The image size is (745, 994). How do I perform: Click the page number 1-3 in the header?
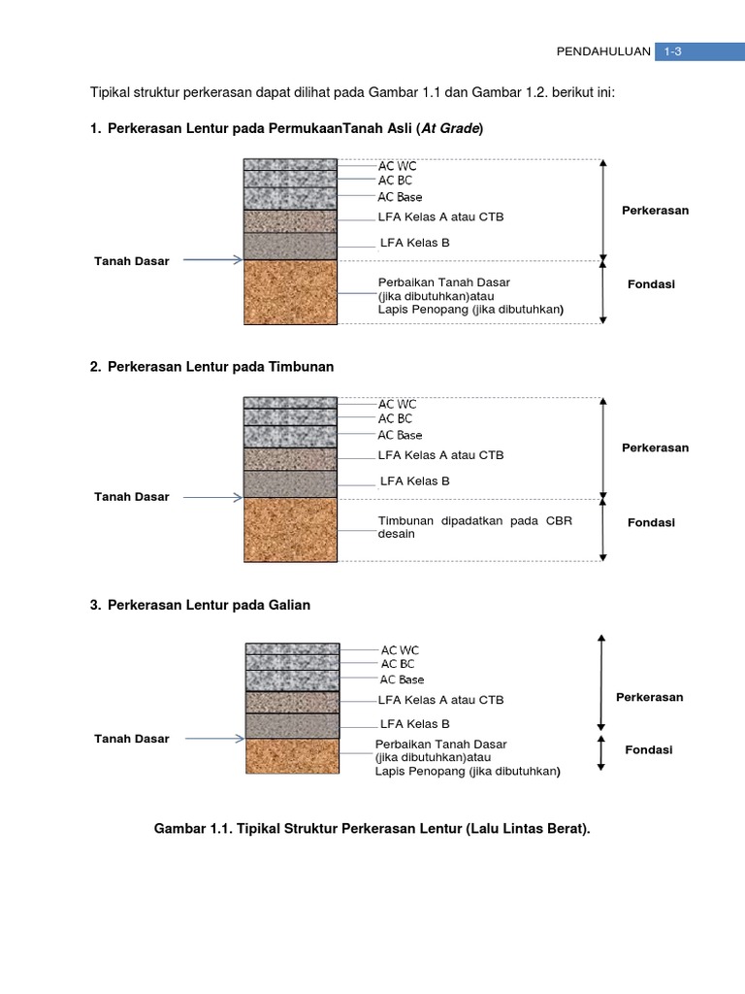click(x=672, y=52)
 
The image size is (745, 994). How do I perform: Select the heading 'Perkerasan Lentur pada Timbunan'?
click(x=221, y=367)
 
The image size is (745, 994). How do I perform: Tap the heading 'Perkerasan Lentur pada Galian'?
click(x=209, y=605)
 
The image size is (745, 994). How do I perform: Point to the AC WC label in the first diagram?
click(x=397, y=165)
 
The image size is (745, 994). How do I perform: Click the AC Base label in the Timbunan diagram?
click(x=400, y=435)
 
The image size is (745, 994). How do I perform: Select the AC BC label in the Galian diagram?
click(x=398, y=664)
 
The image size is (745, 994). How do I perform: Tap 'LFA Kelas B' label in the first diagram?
click(x=414, y=243)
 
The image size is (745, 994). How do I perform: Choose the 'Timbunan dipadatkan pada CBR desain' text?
click(x=475, y=527)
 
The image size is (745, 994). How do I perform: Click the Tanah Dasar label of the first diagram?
click(x=131, y=261)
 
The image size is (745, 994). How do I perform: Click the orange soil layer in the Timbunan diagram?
click(x=290, y=529)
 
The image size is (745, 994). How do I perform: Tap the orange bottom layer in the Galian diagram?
click(x=292, y=756)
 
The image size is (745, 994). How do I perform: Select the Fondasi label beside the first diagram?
click(x=651, y=284)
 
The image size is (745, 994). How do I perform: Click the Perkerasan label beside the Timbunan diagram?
click(x=655, y=447)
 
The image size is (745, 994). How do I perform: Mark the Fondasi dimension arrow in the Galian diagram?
click(x=602, y=752)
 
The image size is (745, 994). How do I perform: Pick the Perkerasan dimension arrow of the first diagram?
click(x=603, y=211)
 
